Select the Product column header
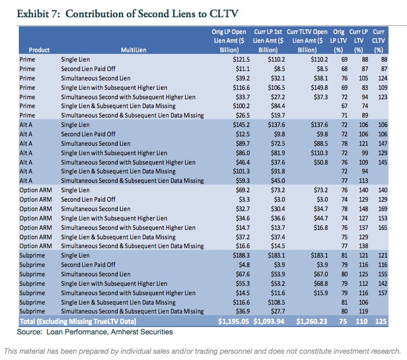39,50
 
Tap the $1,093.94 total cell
269,320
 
